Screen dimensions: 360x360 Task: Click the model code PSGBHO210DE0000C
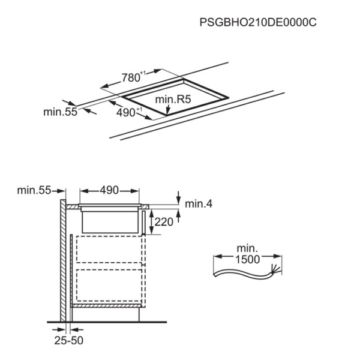click(x=258, y=23)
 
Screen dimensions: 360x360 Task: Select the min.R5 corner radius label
click(x=173, y=100)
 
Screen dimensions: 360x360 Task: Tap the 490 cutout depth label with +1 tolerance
click(x=129, y=113)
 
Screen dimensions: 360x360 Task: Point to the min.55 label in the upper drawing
click(x=61, y=112)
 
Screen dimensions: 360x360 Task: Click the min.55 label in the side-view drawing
click(x=34, y=190)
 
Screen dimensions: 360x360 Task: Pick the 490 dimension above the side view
click(x=109, y=190)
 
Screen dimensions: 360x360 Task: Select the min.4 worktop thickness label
click(x=199, y=204)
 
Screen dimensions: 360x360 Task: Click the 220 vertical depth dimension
click(x=164, y=222)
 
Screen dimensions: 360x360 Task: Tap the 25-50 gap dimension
click(x=69, y=340)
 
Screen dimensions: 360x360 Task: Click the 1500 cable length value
click(x=247, y=259)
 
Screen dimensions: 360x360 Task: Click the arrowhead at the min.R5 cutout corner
click(x=167, y=110)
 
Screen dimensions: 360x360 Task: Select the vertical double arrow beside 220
click(x=152, y=222)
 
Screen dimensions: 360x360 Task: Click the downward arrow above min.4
click(x=178, y=197)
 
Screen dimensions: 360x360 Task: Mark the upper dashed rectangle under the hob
click(x=109, y=250)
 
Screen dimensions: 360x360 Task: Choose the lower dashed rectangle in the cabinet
click(x=109, y=285)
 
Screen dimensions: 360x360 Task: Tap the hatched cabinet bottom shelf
click(x=106, y=305)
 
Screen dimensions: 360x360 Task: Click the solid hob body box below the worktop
click(x=110, y=222)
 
